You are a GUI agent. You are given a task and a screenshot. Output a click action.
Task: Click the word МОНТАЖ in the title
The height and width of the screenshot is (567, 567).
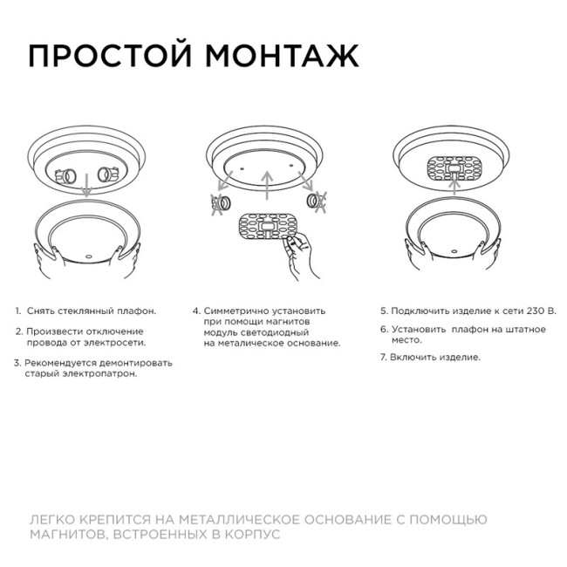(281, 55)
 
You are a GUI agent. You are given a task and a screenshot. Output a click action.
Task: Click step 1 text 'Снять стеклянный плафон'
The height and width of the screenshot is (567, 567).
(91, 311)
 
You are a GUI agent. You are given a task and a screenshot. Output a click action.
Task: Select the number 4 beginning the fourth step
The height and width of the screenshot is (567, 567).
(195, 311)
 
